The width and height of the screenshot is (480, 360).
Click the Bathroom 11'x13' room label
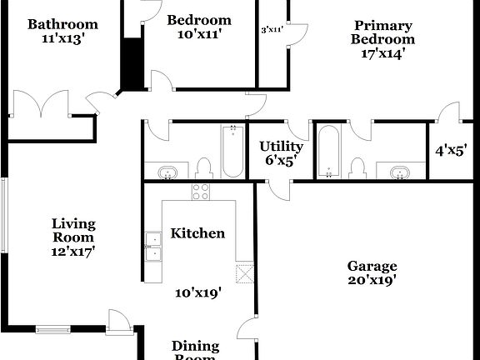[62, 31]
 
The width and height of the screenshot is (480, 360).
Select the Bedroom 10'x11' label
[198, 27]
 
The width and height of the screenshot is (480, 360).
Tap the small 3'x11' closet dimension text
[272, 30]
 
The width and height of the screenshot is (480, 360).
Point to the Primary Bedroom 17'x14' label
[382, 39]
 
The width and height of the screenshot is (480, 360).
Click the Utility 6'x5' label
[281, 152]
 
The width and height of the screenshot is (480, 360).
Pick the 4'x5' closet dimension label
[450, 151]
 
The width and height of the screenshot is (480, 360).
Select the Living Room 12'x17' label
[74, 237]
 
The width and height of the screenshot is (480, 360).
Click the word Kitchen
[197, 233]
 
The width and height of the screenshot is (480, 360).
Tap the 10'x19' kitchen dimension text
[197, 292]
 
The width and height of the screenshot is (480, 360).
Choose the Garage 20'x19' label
[372, 273]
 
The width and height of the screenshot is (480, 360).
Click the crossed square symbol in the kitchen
[244, 273]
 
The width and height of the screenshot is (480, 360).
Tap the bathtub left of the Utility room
[232, 151]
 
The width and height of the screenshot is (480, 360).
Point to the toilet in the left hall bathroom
[203, 169]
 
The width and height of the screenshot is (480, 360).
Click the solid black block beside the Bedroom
[132, 62]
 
